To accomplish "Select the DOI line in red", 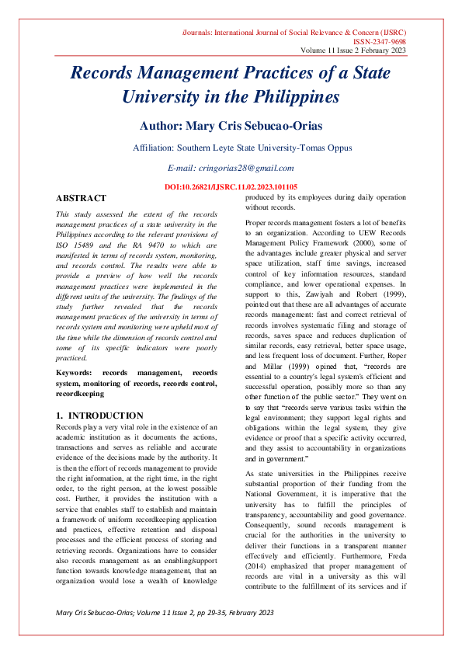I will click(230, 188).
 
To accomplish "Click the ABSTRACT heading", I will click(82, 198).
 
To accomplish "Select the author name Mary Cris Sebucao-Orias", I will click(230, 125).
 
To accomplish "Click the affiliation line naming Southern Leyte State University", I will click(231, 148).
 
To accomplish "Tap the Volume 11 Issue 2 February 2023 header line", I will click(353, 51).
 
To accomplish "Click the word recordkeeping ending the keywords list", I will click(82, 394).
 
